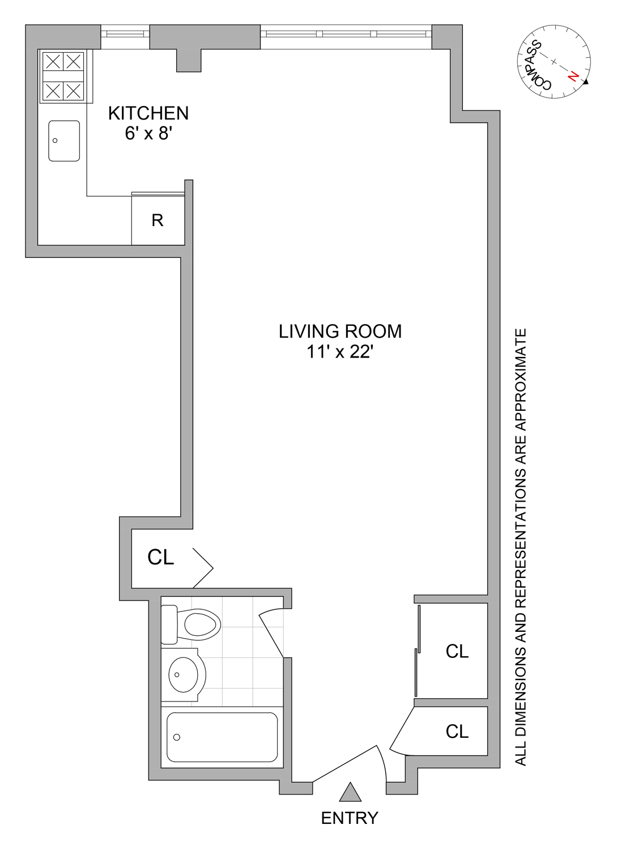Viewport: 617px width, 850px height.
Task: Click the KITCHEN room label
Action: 148,113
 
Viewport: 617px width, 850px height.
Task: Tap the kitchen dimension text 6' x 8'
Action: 148,134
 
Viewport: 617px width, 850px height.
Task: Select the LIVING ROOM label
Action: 340,331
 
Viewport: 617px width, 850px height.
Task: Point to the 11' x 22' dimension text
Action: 340,352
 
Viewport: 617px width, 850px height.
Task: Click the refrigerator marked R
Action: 158,220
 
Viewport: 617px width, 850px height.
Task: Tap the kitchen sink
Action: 64,141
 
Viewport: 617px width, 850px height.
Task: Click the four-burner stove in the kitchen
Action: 63,76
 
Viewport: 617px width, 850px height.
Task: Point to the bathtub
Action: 222,737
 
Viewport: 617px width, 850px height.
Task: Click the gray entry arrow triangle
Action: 350,793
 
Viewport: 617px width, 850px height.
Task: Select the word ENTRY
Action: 350,818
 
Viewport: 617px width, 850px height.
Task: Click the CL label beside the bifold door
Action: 160,558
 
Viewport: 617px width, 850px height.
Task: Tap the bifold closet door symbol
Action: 202,568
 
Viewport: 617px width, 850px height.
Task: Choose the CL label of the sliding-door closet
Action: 457,652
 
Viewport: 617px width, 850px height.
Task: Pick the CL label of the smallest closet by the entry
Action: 457,732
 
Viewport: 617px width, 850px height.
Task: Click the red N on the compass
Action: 574,76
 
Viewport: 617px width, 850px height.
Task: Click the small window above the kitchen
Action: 125,33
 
